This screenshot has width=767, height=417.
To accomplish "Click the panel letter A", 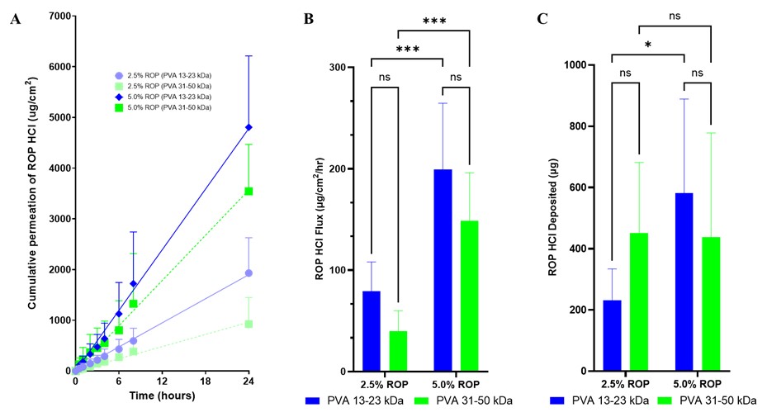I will pyautogui.click(x=15, y=20).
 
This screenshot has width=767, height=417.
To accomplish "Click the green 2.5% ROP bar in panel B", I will pyautogui.click(x=398, y=351).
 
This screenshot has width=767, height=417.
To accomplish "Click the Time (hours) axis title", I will pyautogui.click(x=162, y=396).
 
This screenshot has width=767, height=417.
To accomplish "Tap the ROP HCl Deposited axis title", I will pyautogui.click(x=554, y=218).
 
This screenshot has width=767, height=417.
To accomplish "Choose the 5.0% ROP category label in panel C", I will pyautogui.click(x=698, y=384).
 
